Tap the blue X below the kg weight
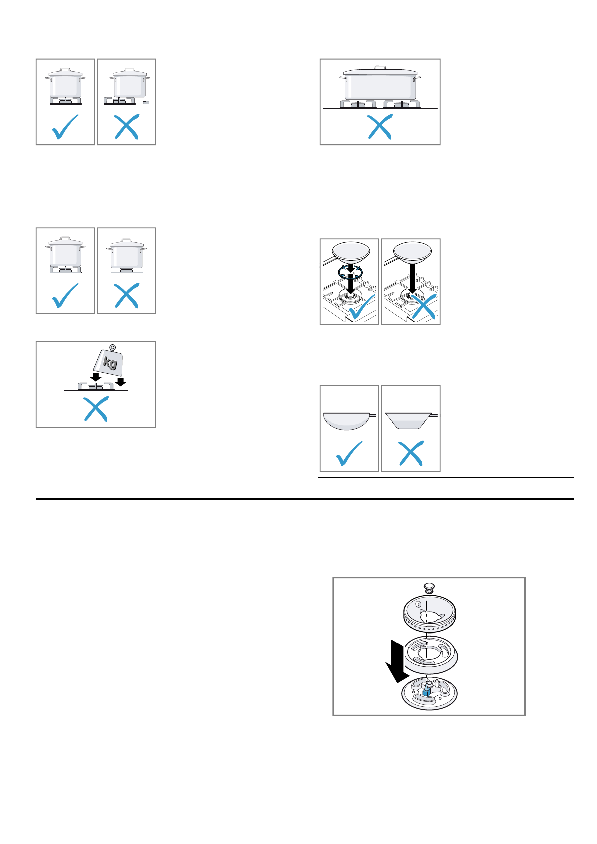tap(96, 410)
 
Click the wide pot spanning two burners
tap(380, 84)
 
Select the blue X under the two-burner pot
tap(380, 127)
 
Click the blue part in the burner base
tap(427, 691)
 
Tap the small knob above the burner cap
tap(428, 587)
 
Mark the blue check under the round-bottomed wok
tap(349, 453)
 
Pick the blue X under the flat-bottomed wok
tap(411, 453)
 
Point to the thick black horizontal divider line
tap(304, 499)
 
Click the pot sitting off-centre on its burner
tap(130, 84)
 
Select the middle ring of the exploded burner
tap(429, 654)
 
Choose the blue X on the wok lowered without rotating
tap(424, 307)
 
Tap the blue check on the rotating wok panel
tap(361, 307)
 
